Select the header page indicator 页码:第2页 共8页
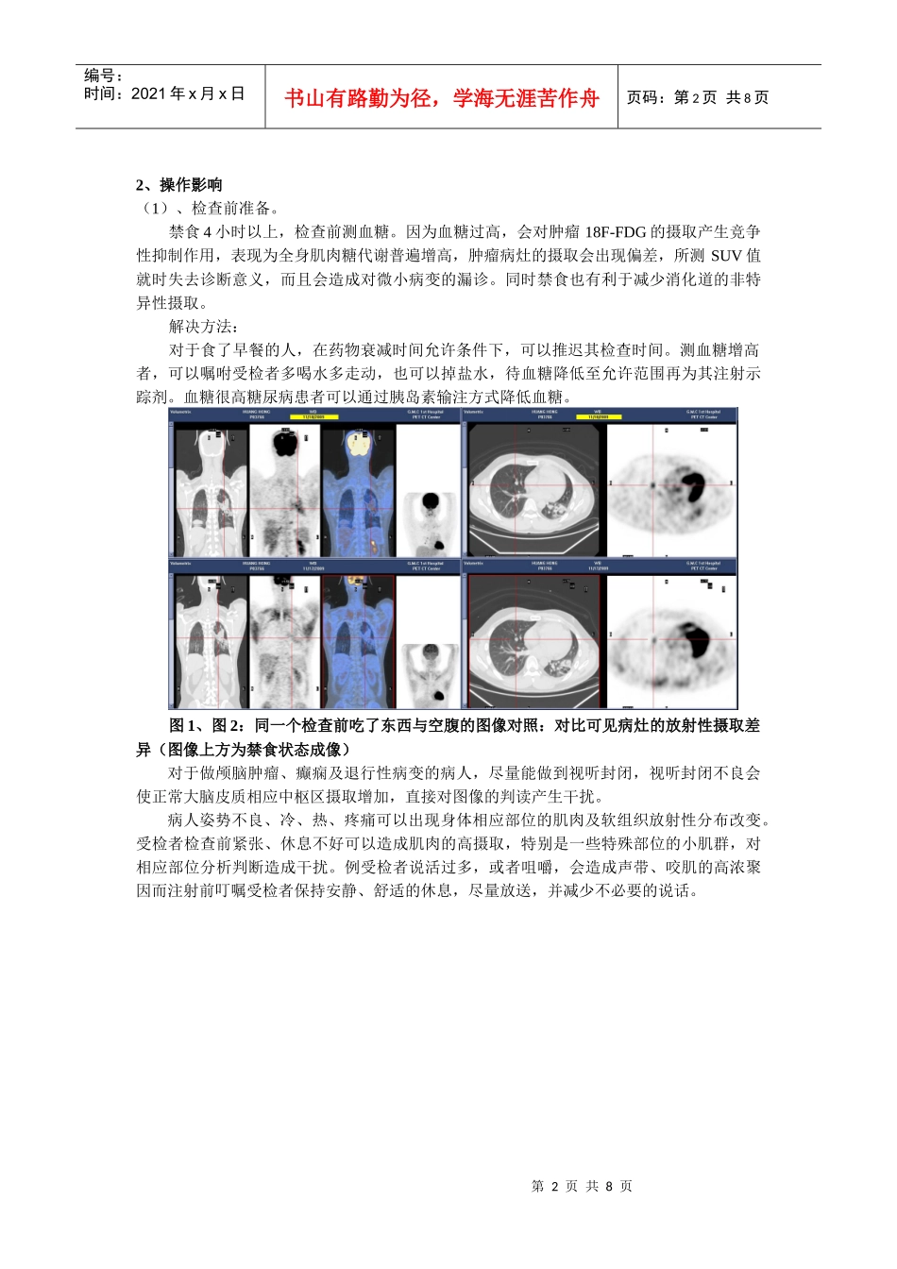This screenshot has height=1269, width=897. (x=698, y=98)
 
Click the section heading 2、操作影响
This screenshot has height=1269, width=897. (x=179, y=185)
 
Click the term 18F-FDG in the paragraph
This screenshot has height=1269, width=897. (x=615, y=232)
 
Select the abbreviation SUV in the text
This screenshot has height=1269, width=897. (x=725, y=256)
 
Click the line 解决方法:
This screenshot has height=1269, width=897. (x=203, y=327)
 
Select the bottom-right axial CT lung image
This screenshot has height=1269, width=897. (x=533, y=642)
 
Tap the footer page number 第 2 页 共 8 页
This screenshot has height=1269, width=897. (x=582, y=1187)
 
